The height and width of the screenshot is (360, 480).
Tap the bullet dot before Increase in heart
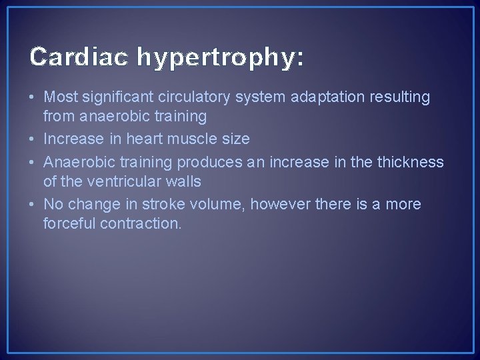click(33, 139)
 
